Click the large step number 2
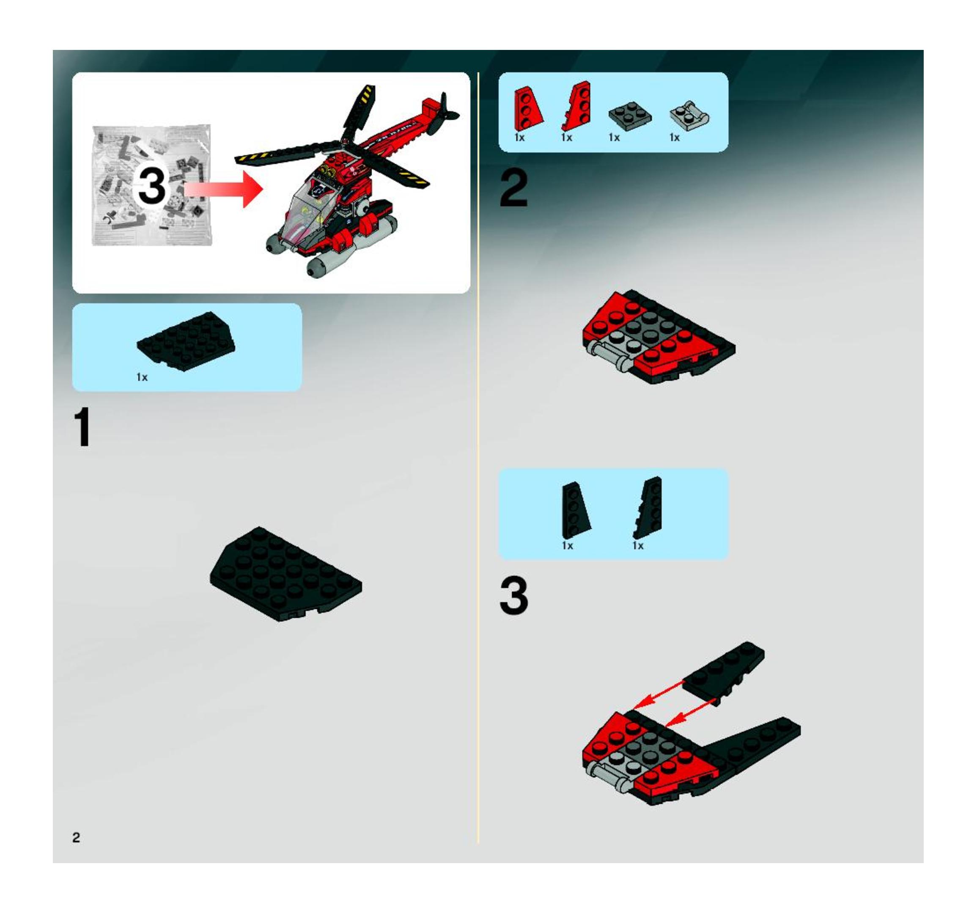[x=513, y=189]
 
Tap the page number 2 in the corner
[x=76, y=837]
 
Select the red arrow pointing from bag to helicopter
[x=224, y=189]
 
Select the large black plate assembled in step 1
[x=285, y=574]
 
